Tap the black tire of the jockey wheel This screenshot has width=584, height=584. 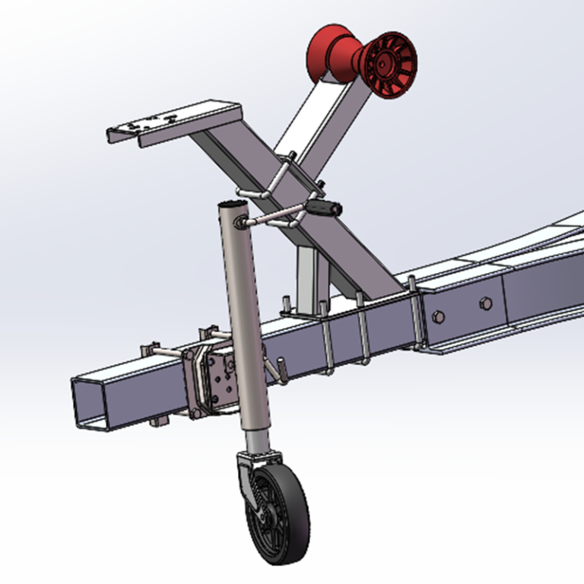(293, 525)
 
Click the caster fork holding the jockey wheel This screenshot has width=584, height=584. (247, 475)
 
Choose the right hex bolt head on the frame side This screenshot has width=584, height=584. (485, 304)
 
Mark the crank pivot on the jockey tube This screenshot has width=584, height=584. (242, 221)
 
